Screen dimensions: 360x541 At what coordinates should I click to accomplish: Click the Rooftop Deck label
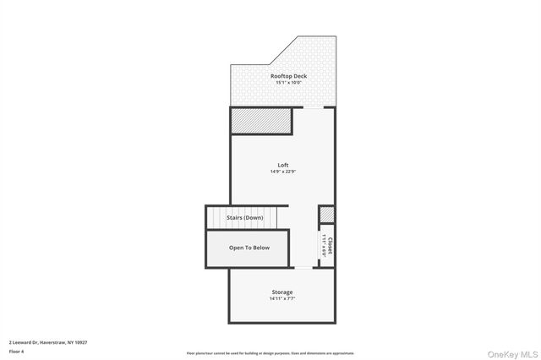(x=288, y=76)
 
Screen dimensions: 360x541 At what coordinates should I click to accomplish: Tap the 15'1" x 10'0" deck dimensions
(x=288, y=83)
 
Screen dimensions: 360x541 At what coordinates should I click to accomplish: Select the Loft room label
(x=282, y=165)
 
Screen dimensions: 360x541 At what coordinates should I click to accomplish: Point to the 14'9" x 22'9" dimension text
(x=282, y=172)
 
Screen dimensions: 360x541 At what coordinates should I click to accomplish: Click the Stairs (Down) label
(x=245, y=218)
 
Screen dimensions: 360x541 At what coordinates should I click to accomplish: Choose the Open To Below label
(x=249, y=248)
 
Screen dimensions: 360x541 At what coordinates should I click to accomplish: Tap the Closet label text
(x=330, y=246)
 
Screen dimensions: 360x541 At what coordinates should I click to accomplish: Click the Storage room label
(x=282, y=292)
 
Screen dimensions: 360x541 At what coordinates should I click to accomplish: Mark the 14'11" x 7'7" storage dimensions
(x=282, y=299)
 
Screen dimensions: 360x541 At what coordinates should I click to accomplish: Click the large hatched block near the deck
(x=261, y=121)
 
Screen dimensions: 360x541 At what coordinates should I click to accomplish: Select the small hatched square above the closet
(x=327, y=215)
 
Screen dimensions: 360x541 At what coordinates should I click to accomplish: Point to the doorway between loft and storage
(x=303, y=268)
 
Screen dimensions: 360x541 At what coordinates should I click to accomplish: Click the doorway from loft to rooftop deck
(x=314, y=108)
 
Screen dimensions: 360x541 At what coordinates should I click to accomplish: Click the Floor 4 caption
(x=17, y=350)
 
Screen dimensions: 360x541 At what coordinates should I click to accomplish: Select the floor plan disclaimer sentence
(x=270, y=353)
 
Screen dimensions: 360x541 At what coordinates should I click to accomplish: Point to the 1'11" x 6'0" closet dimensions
(x=324, y=246)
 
